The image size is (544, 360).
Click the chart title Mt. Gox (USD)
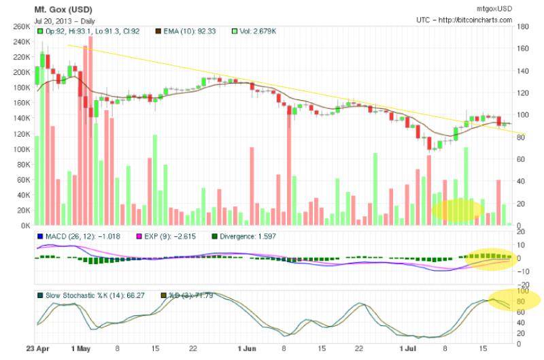[64, 10]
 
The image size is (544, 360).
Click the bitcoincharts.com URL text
[474, 20]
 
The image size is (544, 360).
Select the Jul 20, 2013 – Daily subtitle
[58, 20]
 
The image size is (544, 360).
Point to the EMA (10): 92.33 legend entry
[190, 31]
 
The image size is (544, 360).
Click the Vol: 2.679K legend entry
[254, 31]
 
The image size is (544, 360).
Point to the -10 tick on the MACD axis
[524, 272]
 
